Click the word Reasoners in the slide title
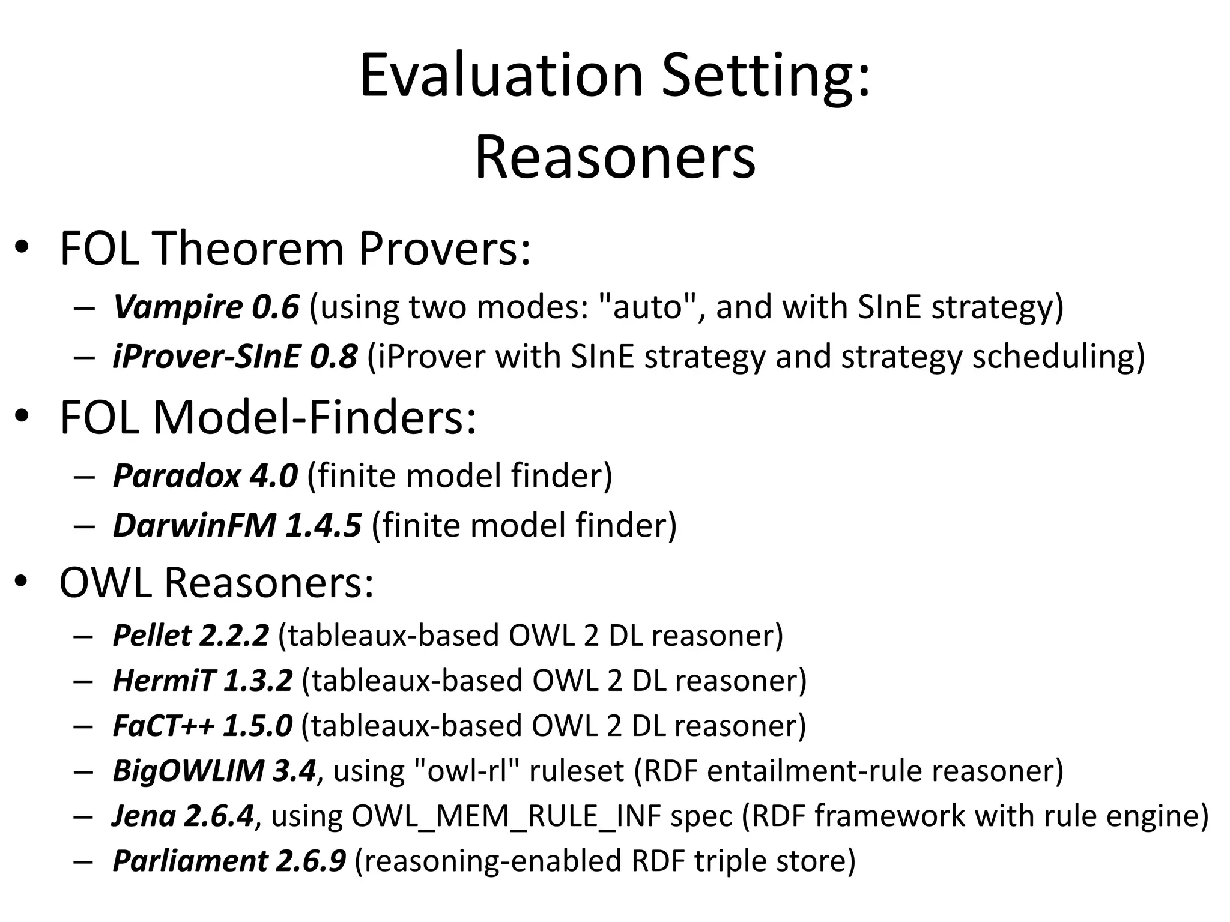(x=614, y=157)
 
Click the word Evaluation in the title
(x=501, y=76)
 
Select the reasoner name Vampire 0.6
(x=206, y=307)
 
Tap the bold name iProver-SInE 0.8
(x=235, y=357)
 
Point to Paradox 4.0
(x=205, y=475)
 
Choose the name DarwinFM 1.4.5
(x=237, y=525)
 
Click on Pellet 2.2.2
(x=190, y=636)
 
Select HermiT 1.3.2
(x=202, y=681)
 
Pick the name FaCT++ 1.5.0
(x=202, y=726)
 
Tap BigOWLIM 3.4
(x=214, y=771)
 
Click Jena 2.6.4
(x=183, y=816)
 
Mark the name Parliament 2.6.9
(x=229, y=861)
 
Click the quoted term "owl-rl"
(x=467, y=771)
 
